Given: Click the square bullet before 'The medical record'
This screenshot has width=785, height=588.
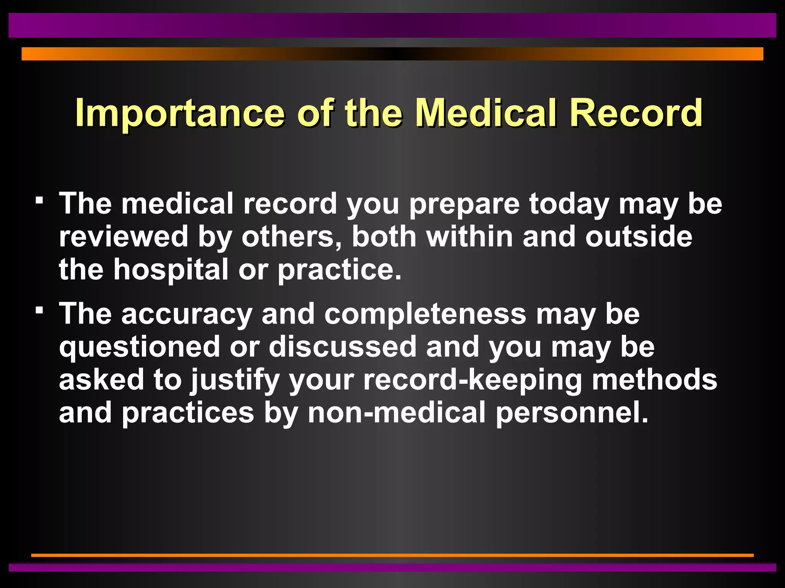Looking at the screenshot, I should pos(39,200).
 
